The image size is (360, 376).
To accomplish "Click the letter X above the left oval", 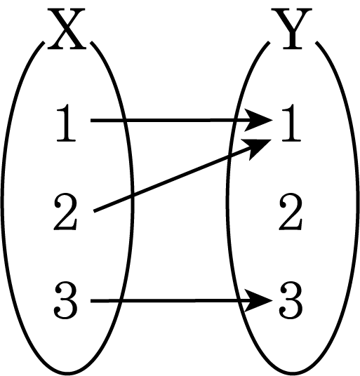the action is click(x=67, y=29).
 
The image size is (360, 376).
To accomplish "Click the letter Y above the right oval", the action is click(x=292, y=29).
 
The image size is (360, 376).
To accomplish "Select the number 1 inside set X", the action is click(x=67, y=123).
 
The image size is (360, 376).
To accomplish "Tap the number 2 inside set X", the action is click(x=65, y=213).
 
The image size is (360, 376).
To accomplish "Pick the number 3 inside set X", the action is click(x=65, y=300).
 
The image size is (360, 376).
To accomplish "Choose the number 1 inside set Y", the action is click(x=291, y=123).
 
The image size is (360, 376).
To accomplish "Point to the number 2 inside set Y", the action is click(x=291, y=213).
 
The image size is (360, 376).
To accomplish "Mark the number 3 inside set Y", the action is click(x=291, y=300).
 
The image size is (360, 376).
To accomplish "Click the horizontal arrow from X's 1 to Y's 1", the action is click(x=182, y=120).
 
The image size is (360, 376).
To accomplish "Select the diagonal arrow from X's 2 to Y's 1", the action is click(x=182, y=175).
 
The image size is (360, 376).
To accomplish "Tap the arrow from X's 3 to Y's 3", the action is click(x=182, y=300).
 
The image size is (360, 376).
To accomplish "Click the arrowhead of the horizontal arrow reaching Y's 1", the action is click(x=259, y=120).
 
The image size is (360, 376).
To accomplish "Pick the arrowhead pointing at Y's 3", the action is click(x=259, y=300).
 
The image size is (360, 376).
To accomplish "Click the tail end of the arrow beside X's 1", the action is click(x=91, y=120).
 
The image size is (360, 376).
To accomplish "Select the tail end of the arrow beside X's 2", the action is click(x=94, y=211).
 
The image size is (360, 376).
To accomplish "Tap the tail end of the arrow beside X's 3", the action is click(x=91, y=301).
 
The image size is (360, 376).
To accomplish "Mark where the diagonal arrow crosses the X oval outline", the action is click(x=132, y=196).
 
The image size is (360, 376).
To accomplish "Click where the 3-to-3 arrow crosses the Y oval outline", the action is click(x=239, y=300).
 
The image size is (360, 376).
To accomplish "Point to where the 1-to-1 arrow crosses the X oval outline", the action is click(x=123, y=120).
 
